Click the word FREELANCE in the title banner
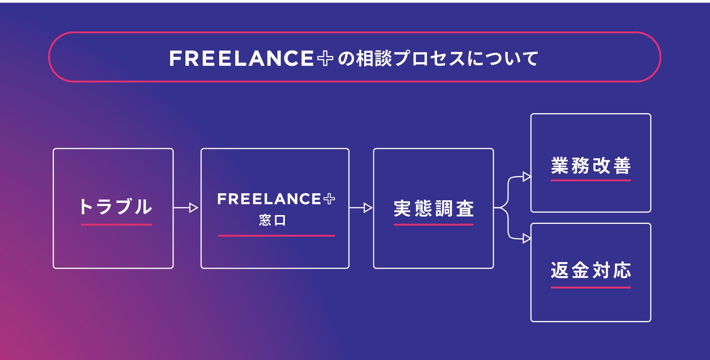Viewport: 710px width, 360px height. [x=241, y=58]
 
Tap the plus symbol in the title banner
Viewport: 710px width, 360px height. [x=325, y=58]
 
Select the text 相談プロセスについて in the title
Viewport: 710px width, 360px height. [x=447, y=58]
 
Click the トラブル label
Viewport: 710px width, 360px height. [x=116, y=206]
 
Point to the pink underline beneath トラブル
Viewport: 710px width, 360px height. [x=116, y=225]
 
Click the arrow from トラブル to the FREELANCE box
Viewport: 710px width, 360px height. [x=186, y=208]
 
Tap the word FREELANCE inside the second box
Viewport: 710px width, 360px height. [x=269, y=199]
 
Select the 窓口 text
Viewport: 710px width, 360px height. [x=273, y=220]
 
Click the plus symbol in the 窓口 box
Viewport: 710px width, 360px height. [x=329, y=199]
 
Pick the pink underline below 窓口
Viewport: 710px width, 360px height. [x=276, y=236]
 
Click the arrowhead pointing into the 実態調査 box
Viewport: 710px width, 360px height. [x=368, y=208]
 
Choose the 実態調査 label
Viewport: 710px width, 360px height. [x=433, y=209]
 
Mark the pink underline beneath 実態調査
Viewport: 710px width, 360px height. [x=433, y=225]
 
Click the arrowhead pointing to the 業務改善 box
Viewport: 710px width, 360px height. [x=526, y=177]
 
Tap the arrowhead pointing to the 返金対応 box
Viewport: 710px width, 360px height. [x=526, y=239]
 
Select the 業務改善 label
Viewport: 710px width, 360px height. [x=591, y=166]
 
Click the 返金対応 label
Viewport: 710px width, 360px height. [x=591, y=270]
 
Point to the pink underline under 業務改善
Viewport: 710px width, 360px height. [x=591, y=180]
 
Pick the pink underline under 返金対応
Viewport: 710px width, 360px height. [x=591, y=288]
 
